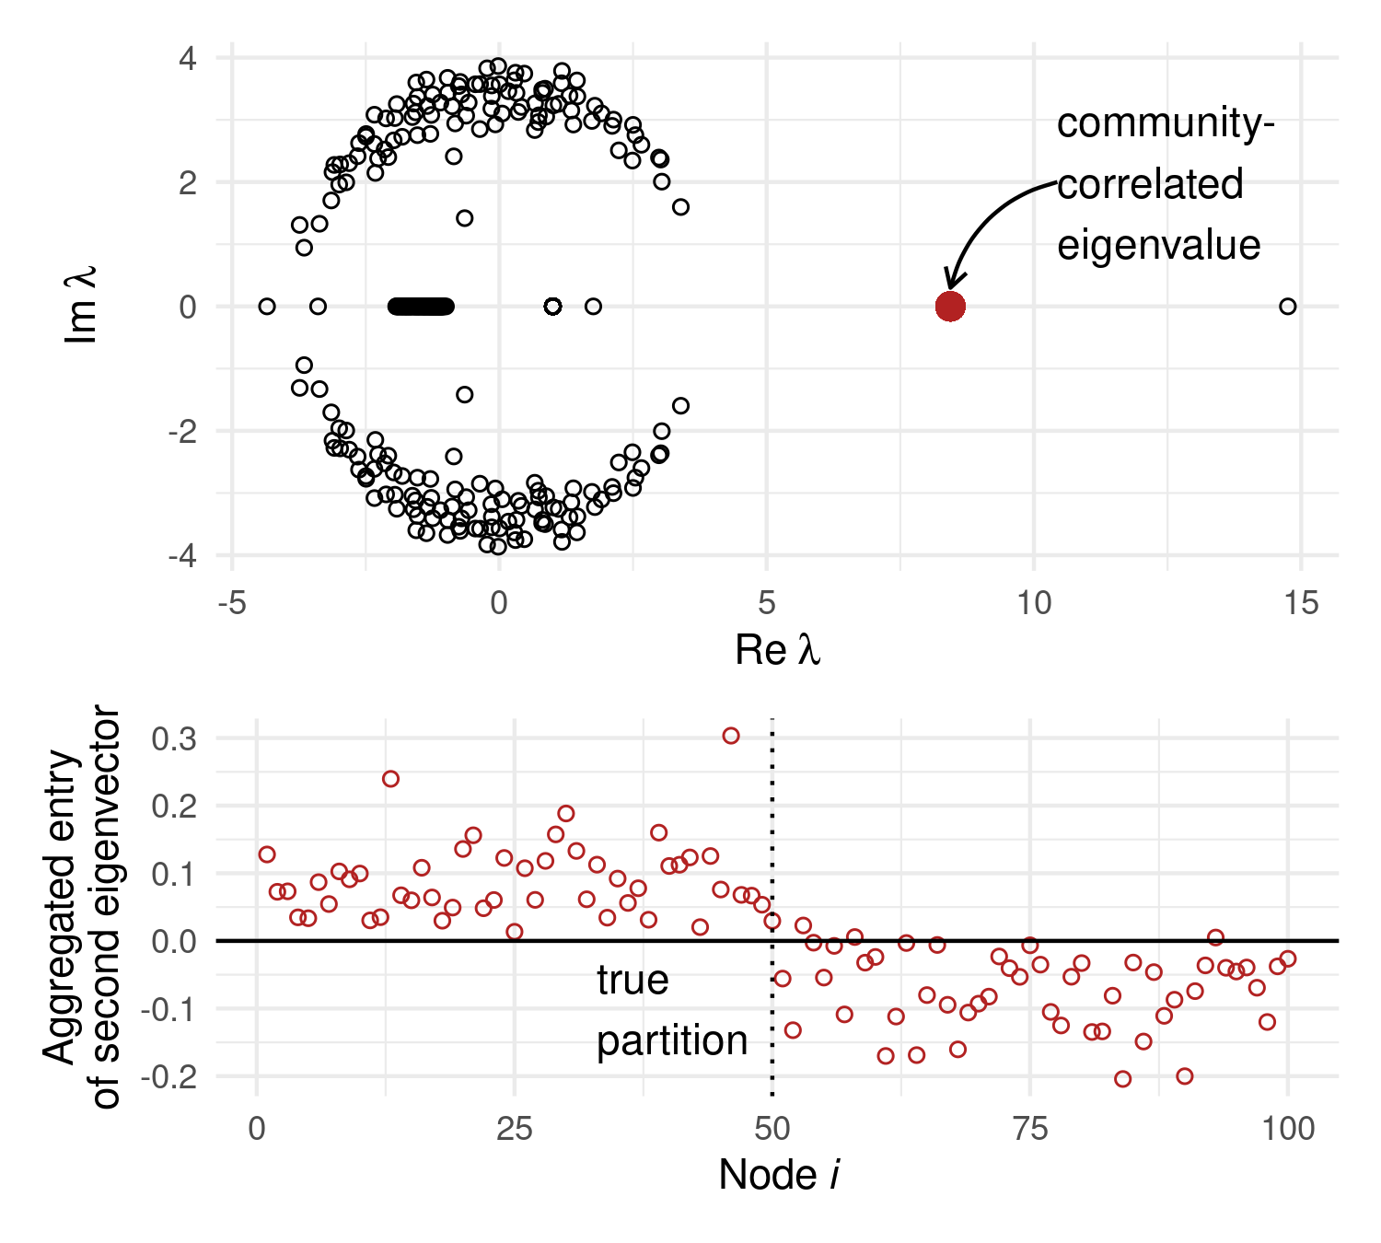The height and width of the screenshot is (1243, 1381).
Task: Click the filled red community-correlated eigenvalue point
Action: tap(949, 307)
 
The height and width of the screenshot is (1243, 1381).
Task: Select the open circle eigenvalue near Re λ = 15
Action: tap(1287, 307)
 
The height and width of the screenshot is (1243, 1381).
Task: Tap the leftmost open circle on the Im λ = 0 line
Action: tap(267, 307)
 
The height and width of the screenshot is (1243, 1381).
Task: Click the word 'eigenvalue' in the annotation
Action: tap(1158, 246)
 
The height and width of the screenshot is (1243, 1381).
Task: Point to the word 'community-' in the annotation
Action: tap(1165, 124)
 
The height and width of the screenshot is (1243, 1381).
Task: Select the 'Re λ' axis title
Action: tap(777, 650)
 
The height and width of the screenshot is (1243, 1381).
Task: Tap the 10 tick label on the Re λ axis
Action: tap(1033, 604)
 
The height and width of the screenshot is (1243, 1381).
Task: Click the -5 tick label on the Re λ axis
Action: tap(232, 604)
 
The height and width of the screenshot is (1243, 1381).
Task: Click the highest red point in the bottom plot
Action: tap(731, 736)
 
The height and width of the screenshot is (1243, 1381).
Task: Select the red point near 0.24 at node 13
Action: tap(390, 779)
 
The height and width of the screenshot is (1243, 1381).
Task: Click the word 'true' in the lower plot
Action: tap(632, 980)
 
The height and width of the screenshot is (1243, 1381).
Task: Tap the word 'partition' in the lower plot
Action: tap(672, 1041)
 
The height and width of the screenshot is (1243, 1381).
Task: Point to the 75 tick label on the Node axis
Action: tap(1029, 1128)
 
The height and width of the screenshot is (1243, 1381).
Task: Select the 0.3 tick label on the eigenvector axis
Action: tap(174, 738)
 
